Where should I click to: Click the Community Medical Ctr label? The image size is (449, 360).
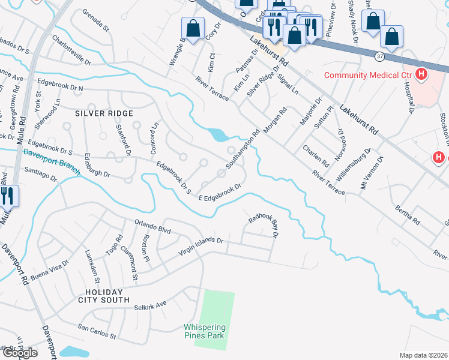click(x=367, y=75)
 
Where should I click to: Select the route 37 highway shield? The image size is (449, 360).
click(x=379, y=56)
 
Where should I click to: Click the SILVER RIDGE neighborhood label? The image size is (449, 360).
click(x=104, y=113)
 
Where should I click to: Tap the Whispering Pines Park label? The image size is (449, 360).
click(x=204, y=331)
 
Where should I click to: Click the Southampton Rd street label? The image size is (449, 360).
click(x=243, y=149)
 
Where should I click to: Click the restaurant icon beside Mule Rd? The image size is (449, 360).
click(x=7, y=196)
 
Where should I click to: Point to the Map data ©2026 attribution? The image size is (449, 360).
click(x=423, y=355)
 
